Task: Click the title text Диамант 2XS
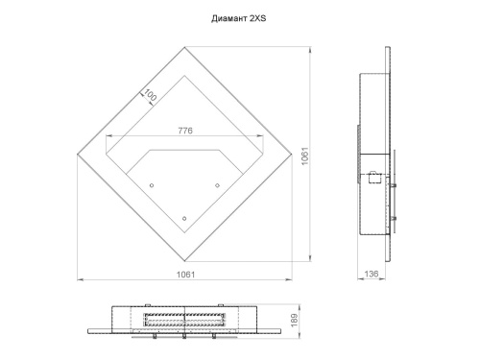coord(238,18)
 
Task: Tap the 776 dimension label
coord(185,131)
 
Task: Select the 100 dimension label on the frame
coord(151,95)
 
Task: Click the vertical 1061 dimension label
coord(305,156)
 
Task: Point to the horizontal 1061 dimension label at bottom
coord(185,275)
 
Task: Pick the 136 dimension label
coord(372,274)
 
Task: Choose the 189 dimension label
coord(294,320)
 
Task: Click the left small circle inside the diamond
coord(152,185)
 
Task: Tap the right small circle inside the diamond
coord(217,185)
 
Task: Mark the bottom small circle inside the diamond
coord(184,219)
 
